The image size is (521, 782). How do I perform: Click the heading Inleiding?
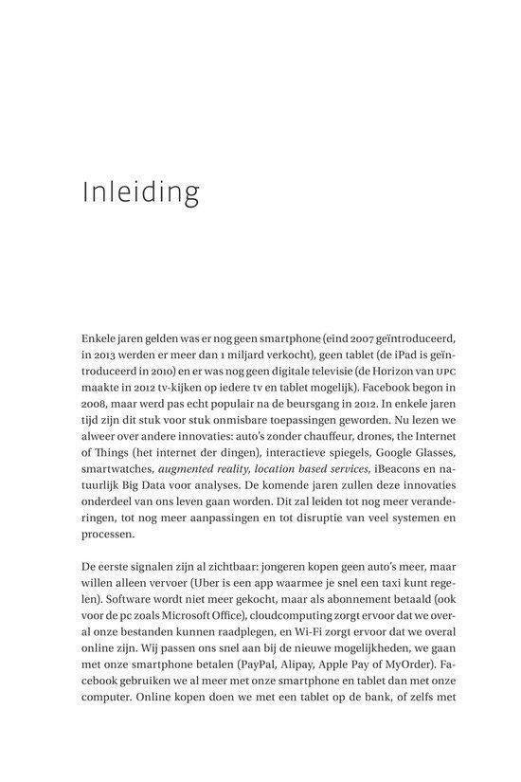141,191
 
